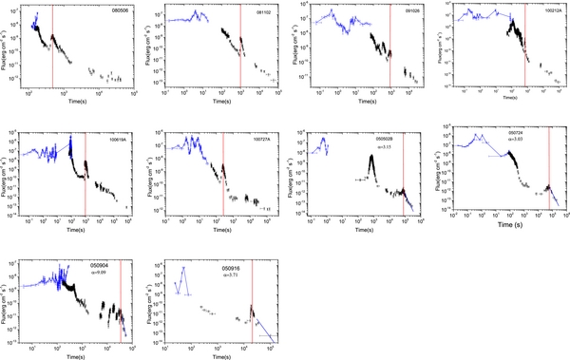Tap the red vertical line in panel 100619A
(85, 171)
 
